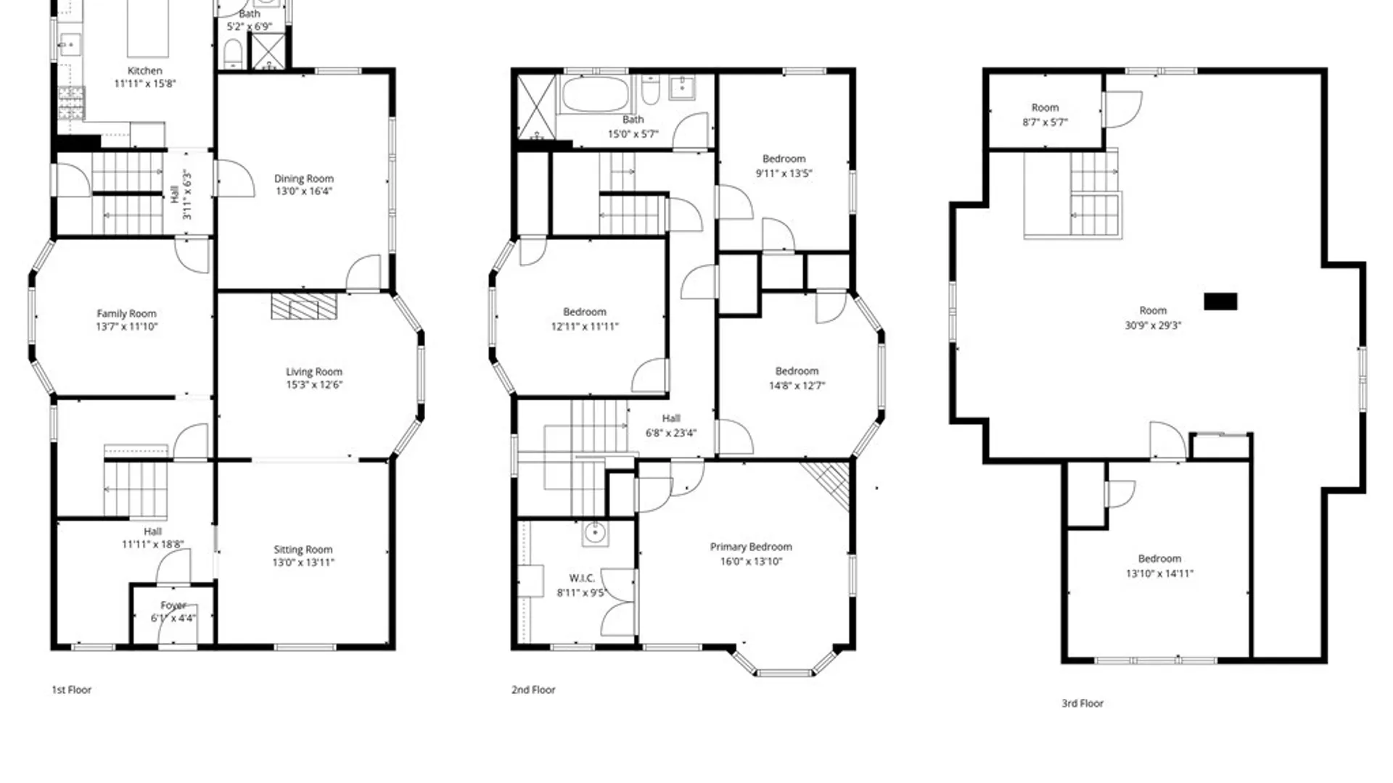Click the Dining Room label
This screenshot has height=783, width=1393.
tap(303, 178)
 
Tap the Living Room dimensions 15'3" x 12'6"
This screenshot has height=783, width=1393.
tap(313, 385)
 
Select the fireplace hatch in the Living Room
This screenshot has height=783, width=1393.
tap(304, 306)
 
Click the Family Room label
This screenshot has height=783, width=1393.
tap(126, 313)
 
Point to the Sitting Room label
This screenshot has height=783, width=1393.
tap(303, 550)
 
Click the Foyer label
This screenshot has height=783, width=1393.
tap(173, 605)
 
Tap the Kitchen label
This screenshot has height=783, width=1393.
tap(144, 70)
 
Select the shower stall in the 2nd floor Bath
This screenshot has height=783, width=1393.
tap(535, 107)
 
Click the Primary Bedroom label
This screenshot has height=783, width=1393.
tap(750, 547)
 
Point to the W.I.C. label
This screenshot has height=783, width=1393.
tap(581, 578)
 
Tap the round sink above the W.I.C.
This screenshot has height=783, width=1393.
tap(595, 534)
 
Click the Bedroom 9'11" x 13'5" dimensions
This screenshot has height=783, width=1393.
tap(784, 173)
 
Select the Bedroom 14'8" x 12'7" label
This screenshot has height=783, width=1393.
tap(796, 370)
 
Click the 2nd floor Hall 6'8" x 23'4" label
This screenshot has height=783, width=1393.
tap(670, 418)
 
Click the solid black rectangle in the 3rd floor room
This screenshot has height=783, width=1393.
tap(1220, 302)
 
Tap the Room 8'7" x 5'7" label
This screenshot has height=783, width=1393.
tap(1045, 107)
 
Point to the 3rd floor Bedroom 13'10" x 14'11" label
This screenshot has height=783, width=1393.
tap(1159, 558)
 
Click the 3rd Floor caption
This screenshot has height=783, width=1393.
tap(1082, 703)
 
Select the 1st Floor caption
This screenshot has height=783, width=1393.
tap(71, 689)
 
